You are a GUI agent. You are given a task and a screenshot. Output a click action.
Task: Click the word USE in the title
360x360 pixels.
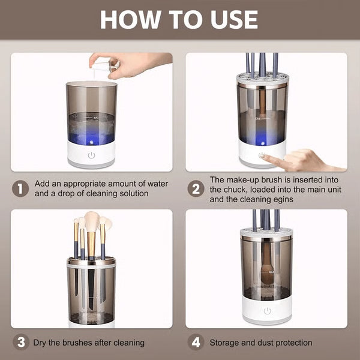coord(231,19)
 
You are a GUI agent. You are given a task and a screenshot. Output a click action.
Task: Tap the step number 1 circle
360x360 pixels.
coord(21,188)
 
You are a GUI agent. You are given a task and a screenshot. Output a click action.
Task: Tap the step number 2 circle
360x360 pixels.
coord(196,188)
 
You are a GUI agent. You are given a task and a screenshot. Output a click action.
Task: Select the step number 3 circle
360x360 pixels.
coord(21,343)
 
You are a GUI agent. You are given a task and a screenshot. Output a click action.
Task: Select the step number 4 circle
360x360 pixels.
coord(196,343)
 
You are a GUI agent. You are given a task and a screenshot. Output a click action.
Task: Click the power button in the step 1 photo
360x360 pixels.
coord(91,155)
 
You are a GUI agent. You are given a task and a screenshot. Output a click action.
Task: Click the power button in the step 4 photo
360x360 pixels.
coord(267,311)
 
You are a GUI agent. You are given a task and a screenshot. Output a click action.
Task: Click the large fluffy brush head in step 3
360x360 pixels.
coord(92,221)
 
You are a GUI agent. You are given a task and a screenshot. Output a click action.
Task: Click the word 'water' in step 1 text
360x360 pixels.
coord(157,184)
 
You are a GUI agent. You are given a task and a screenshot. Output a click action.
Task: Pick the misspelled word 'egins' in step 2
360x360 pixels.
coord(281,199)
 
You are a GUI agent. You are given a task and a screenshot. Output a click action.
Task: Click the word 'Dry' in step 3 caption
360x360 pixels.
coord(41,343)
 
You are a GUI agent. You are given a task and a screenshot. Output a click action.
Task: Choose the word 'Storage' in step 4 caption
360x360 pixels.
coord(226,343)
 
